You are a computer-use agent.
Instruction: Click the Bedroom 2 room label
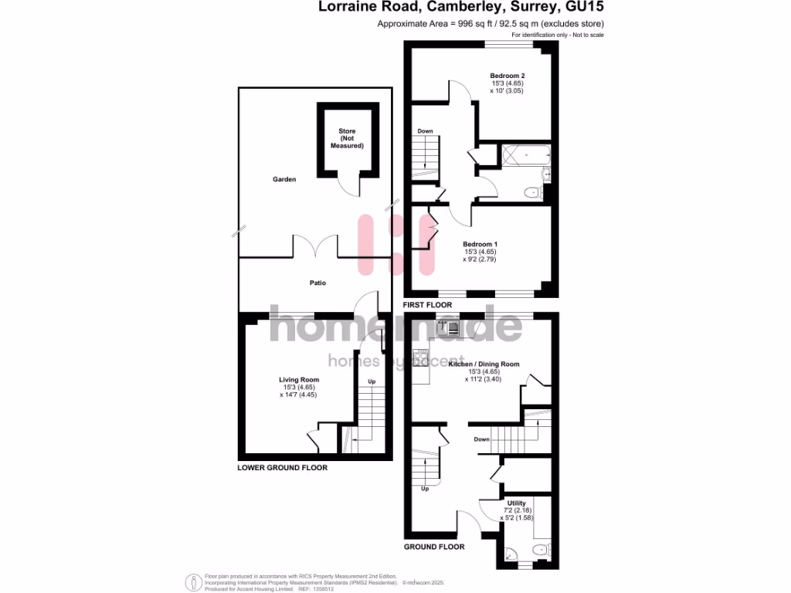click(x=508, y=76)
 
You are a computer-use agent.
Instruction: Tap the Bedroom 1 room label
click(x=480, y=244)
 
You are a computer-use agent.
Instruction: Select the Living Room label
click(x=298, y=380)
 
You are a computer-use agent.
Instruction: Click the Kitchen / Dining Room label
click(x=484, y=364)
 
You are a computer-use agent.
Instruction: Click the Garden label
click(x=284, y=179)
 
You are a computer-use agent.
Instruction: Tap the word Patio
click(x=317, y=283)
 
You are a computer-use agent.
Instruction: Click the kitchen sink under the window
click(x=448, y=327)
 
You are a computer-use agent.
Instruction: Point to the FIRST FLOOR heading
click(x=427, y=306)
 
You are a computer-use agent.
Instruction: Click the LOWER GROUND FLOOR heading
click(x=282, y=468)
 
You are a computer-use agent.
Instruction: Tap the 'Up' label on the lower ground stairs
click(x=372, y=382)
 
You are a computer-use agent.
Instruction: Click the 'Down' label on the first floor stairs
click(x=425, y=131)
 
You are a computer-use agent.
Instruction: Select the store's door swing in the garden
click(x=348, y=186)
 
